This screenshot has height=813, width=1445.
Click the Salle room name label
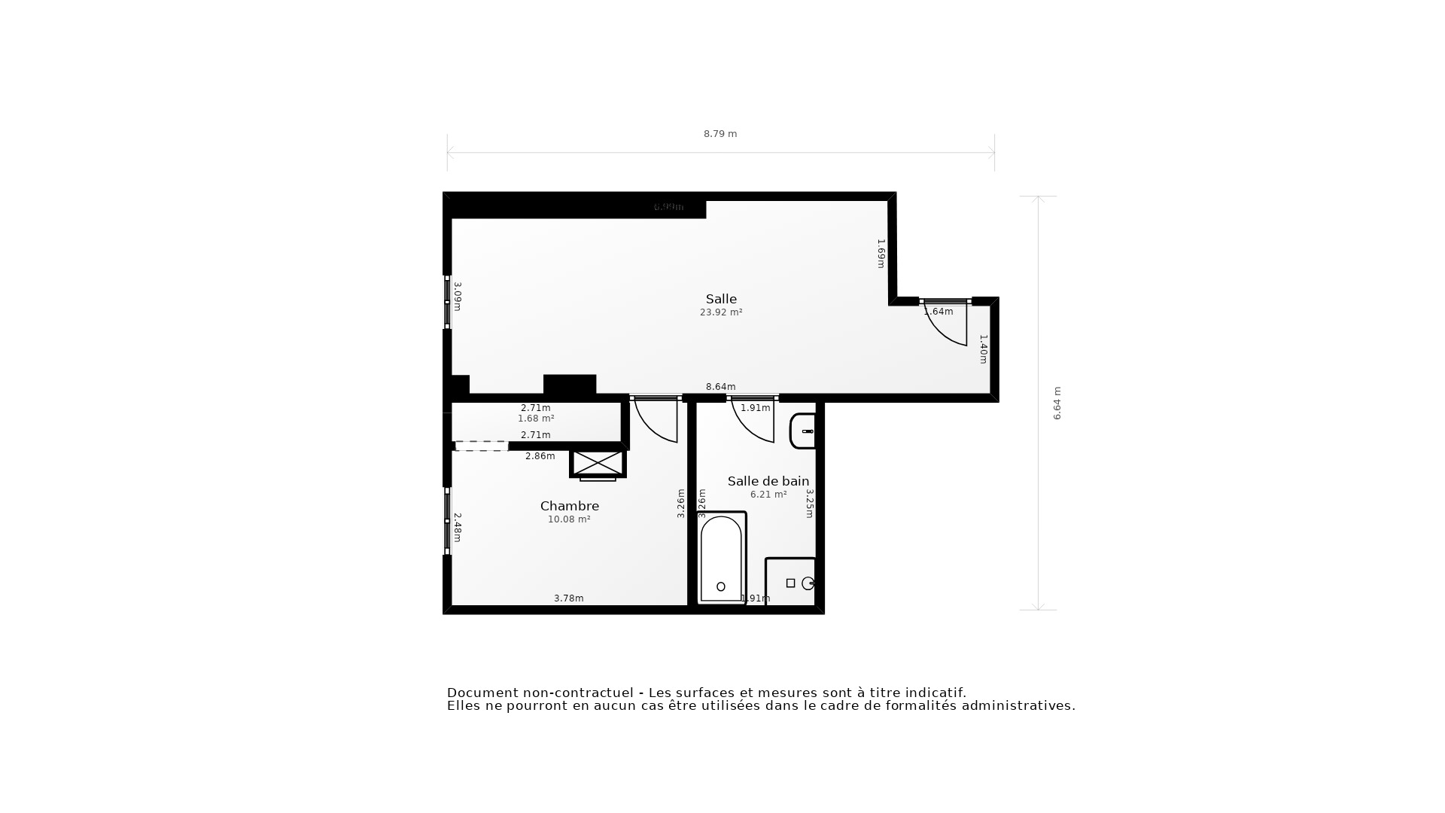pyautogui.click(x=721, y=299)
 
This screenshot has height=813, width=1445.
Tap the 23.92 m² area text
pyautogui.click(x=721, y=312)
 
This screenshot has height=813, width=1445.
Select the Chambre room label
pyautogui.click(x=569, y=506)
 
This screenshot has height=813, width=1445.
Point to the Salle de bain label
pyautogui.click(x=768, y=481)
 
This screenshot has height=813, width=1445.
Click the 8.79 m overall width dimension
pyautogui.click(x=720, y=134)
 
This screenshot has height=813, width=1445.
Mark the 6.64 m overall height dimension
pyautogui.click(x=1057, y=403)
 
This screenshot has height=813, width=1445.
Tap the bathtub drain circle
pyautogui.click(x=721, y=586)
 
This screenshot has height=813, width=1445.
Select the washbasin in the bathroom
pyautogui.click(x=803, y=431)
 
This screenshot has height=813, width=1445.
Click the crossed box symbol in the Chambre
pyautogui.click(x=598, y=463)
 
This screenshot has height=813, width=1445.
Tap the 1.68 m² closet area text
pyautogui.click(x=536, y=419)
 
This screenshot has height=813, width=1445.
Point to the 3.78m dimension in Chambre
pyautogui.click(x=569, y=598)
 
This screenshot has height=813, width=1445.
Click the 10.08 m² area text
pyautogui.click(x=569, y=519)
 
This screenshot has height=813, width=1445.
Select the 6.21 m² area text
pyautogui.click(x=768, y=495)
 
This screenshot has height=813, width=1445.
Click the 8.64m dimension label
pyautogui.click(x=720, y=387)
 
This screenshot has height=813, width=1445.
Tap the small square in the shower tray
pyautogui.click(x=790, y=583)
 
